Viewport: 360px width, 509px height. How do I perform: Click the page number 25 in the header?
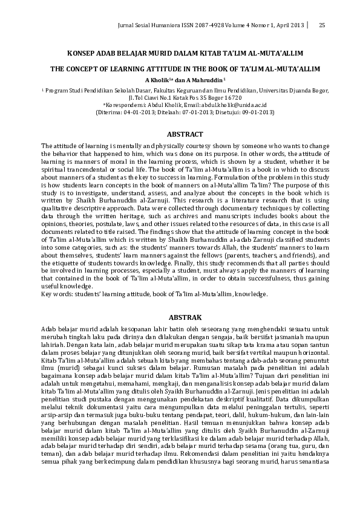(x=321, y=25)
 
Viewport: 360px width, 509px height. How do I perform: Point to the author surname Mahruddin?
(x=207, y=80)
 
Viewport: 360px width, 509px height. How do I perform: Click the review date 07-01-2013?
(x=194, y=111)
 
